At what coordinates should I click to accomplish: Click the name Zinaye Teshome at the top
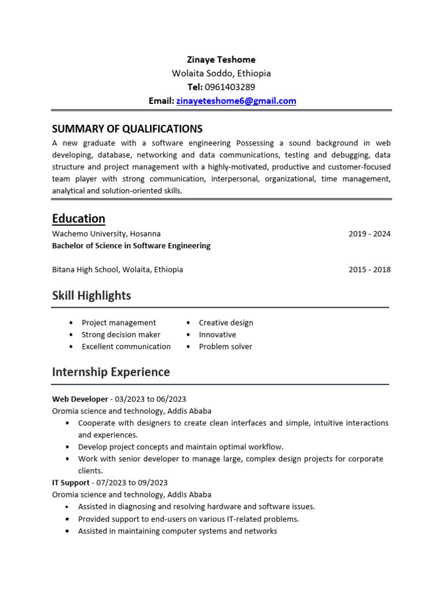click(x=221, y=60)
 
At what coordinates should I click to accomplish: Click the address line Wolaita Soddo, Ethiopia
click(x=221, y=73)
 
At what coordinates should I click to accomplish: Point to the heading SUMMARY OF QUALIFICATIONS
click(x=127, y=129)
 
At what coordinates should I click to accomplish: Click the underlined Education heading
click(x=78, y=219)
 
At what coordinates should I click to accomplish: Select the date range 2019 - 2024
click(x=369, y=234)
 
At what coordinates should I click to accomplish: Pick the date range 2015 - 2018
click(x=369, y=270)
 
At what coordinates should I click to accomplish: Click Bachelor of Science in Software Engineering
click(x=131, y=246)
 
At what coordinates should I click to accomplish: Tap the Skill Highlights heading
click(x=91, y=295)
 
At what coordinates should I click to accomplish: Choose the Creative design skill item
click(x=226, y=323)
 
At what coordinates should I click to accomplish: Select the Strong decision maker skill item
click(x=121, y=335)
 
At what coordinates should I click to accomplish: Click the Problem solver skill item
click(x=225, y=347)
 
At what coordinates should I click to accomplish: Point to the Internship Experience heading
click(x=111, y=372)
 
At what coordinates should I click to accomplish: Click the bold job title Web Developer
click(x=80, y=399)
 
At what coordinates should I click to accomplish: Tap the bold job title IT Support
click(x=71, y=482)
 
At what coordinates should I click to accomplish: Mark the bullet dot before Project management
click(x=70, y=323)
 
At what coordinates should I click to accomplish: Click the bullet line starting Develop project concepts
click(x=181, y=447)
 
